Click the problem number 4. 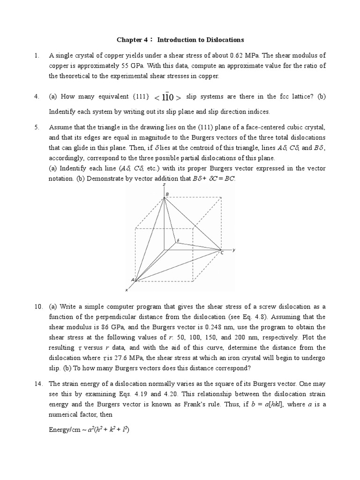(x=36, y=97)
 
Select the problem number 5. (x=36, y=127)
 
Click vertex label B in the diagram (x=167, y=194)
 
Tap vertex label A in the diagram (x=132, y=280)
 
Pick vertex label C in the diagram (x=222, y=253)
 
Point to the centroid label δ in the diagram (x=178, y=240)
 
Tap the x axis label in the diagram (x=126, y=290)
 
